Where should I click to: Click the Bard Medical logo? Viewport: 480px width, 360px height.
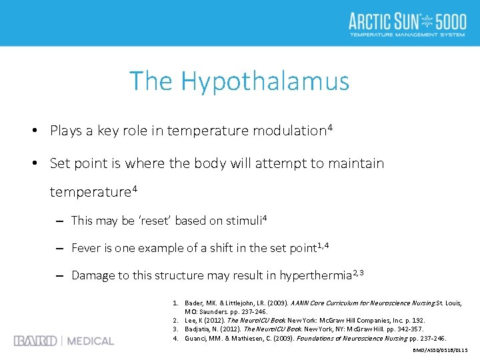click(64, 341)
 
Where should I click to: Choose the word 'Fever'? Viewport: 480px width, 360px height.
click(86, 248)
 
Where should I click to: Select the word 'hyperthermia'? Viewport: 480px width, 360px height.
click(315, 275)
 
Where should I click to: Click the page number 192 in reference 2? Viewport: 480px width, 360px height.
click(417, 321)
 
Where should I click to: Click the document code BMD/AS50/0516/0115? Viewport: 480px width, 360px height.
click(441, 350)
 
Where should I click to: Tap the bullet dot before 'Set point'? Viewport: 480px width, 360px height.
click(35, 163)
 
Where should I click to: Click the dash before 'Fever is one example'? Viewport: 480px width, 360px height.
click(59, 248)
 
